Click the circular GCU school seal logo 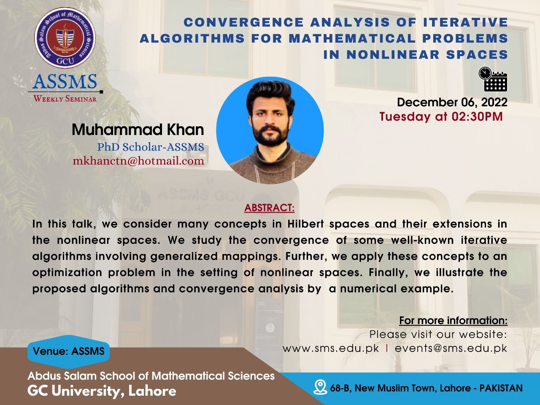pos(65,38)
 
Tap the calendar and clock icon pos(493,79)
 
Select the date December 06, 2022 pos(452,102)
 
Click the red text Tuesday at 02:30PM pos(441,116)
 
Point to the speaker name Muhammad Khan pos(138,130)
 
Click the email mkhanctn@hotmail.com pos(138,161)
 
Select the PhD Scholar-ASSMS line pos(151,147)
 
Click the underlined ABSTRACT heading pos(270,208)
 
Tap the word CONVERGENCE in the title pos(243,22)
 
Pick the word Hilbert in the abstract pos(306,224)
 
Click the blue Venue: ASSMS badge pos(69,351)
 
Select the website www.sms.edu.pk pos(331,349)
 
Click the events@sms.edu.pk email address pos(451,349)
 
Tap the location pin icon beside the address pos(320,387)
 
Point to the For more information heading pos(453,321)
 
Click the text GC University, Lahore pos(102,391)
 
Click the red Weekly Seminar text pos(65,99)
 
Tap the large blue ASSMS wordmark pos(65,81)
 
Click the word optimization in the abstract pos(67,273)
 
